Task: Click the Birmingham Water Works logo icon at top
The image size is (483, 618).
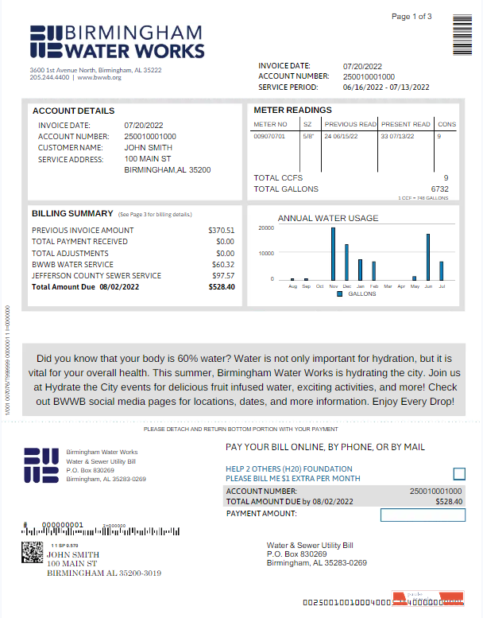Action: [x=45, y=41]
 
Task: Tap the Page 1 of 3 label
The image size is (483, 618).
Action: [x=412, y=17]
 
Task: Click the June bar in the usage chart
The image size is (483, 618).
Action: [x=428, y=256]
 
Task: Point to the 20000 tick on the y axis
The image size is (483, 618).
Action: [x=267, y=228]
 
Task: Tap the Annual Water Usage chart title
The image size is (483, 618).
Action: [x=327, y=218]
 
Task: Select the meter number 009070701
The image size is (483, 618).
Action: [x=269, y=136]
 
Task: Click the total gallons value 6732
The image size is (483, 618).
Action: [x=439, y=189]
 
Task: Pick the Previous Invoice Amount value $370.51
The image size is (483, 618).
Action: [x=222, y=230]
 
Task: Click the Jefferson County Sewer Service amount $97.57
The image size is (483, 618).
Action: [x=222, y=276]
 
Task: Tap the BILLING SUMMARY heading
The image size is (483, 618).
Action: [x=72, y=214]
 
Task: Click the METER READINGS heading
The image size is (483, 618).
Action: [x=292, y=111]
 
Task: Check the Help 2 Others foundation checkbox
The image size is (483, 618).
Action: [x=458, y=474]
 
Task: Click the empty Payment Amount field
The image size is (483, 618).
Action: [x=422, y=515]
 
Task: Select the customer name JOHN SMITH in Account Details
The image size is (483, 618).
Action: [x=148, y=147]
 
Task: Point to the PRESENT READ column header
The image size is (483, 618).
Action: [x=405, y=124]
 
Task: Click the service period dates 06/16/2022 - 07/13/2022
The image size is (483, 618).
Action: [x=386, y=87]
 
